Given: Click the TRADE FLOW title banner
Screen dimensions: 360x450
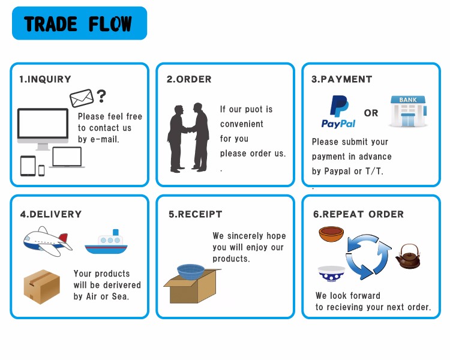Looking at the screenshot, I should point(79,23).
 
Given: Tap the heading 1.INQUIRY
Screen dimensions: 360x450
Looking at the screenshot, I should point(45,79).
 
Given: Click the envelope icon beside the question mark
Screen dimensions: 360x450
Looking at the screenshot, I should point(82,98).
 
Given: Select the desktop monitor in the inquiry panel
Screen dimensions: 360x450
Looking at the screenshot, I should point(43,128).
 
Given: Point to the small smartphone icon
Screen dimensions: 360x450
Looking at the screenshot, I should point(41,170).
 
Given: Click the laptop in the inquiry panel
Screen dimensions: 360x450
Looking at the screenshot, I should point(67,157).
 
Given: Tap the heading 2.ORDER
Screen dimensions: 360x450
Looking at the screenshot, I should point(189,79).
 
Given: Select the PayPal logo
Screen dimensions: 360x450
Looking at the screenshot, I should point(338,112).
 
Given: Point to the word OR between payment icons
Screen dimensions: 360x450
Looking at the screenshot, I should point(371,113).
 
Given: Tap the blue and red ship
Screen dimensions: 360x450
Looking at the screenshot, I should point(107,241).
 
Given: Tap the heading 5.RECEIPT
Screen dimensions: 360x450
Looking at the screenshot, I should point(195,214).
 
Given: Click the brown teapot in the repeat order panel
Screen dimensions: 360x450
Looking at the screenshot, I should point(408,257).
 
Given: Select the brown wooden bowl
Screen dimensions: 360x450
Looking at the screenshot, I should point(331,234).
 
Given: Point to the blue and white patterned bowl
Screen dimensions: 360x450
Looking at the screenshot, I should point(331,274).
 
